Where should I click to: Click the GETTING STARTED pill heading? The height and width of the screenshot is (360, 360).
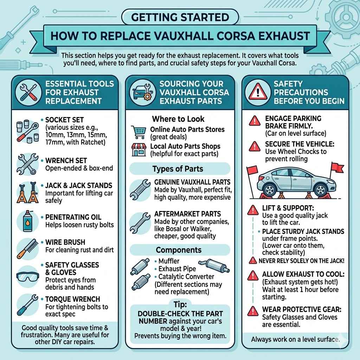coord(180,17)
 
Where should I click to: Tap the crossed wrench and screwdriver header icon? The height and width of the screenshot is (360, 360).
coord(28,92)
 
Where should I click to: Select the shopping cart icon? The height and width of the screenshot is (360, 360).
coord(139,132)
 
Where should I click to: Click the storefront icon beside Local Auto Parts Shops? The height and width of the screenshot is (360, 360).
coord(139,150)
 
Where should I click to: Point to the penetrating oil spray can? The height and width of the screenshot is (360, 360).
coord(28,221)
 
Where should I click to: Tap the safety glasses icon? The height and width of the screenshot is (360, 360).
coord(28,277)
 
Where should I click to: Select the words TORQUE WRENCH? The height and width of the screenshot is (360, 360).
coord(72,299)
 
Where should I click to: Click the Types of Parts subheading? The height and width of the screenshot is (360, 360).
coord(178,169)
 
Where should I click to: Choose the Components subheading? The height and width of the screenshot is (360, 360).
coord(179,250)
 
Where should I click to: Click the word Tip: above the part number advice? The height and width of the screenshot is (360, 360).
coord(180,304)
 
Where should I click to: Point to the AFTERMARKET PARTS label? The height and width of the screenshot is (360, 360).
coord(187,214)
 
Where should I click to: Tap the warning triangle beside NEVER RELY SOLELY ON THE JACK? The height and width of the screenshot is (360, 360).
coord(253,261)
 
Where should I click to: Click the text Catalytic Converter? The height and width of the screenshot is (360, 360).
coord(186,277)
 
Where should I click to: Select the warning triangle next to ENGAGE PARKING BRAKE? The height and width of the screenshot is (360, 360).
coord(255,121)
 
